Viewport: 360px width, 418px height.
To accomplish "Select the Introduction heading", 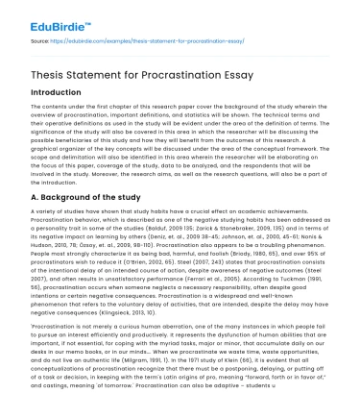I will click(x=42, y=91).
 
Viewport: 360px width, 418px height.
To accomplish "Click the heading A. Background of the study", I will click(x=78, y=197).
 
